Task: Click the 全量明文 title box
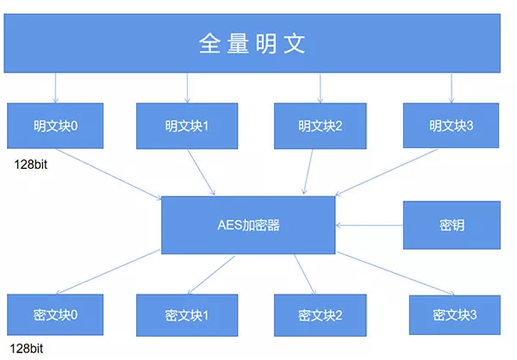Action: pos(252,43)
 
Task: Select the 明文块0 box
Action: pos(55,126)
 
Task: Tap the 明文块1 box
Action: pos(187,126)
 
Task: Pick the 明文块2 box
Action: pos(321,126)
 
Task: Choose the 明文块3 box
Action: pos(451,126)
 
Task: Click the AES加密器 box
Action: pos(248,225)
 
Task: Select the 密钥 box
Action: pos(452,225)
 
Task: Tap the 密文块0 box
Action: pos(55,315)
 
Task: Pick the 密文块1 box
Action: pos(187,315)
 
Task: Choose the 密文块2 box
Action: pos(321,315)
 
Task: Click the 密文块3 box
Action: pos(455,315)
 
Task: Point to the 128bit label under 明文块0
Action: pos(31,164)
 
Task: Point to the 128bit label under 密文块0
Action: pos(27,349)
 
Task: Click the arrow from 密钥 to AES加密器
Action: pos(370,226)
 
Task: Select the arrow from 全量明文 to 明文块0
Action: pos(55,88)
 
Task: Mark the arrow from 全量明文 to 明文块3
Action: pos(452,88)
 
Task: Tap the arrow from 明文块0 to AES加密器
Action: pos(109,174)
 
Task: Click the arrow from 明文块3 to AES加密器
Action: pos(386,172)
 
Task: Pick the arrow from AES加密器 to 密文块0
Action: pos(109,272)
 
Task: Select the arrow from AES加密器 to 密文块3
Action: pos(396,274)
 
